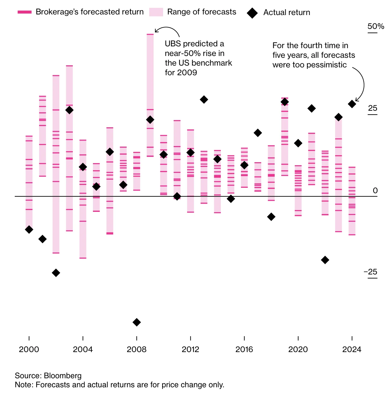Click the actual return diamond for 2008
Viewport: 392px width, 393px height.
[x=137, y=322]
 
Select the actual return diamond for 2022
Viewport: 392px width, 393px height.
[x=325, y=260]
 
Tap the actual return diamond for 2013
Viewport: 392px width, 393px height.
[x=204, y=100]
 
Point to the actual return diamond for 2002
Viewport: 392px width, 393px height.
[x=56, y=273]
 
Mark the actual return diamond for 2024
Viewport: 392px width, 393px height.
[x=352, y=104]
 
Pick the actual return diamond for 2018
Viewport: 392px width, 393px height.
[x=271, y=217]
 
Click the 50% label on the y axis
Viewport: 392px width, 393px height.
[x=376, y=26]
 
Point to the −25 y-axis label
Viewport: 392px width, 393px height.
[x=371, y=272]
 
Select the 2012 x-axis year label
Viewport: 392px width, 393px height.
[x=190, y=349]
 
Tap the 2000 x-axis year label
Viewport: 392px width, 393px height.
[x=29, y=349]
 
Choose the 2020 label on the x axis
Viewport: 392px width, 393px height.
[x=298, y=349]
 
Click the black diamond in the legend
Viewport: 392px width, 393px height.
[x=252, y=13]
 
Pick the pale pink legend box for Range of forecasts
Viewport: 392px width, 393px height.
[x=156, y=12]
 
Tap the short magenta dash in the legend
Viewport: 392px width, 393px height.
[x=25, y=12]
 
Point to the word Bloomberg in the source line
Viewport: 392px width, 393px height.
[x=63, y=376]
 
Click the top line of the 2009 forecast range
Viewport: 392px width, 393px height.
[x=150, y=34]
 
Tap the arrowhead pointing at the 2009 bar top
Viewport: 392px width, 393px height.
[x=156, y=31]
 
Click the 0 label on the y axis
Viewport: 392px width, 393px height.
[x=375, y=190]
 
